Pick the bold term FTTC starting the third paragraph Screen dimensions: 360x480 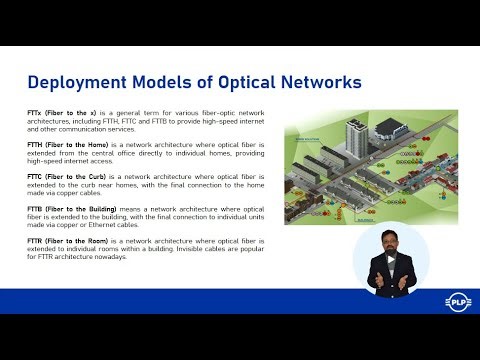[37, 176]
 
